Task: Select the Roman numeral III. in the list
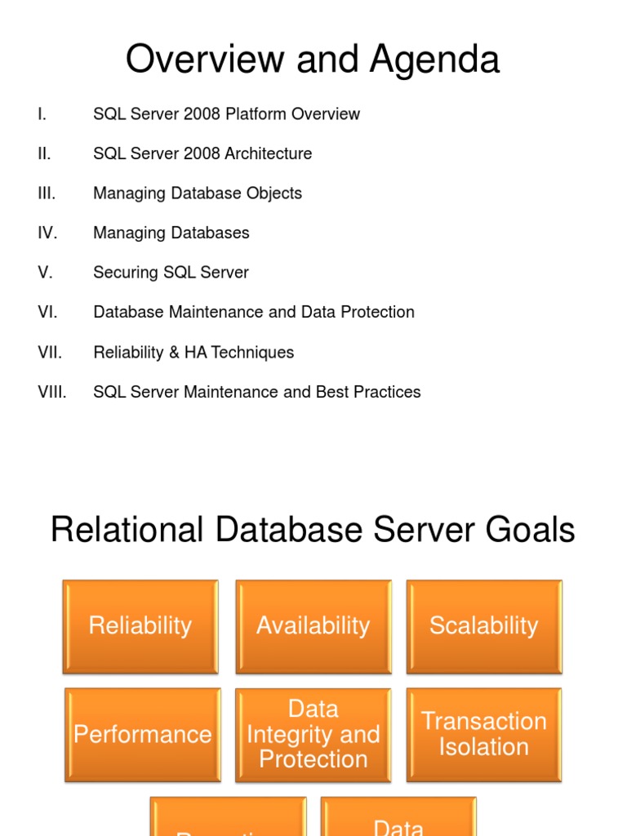pos(47,193)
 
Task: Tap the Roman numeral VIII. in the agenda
pos(52,392)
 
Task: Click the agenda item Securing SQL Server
pos(171,273)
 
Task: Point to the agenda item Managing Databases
pos(171,233)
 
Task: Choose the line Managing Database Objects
pos(198,193)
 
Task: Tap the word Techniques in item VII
pos(252,353)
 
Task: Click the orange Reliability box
pos(140,626)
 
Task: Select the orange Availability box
pos(313,626)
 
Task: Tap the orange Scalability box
pos(484,626)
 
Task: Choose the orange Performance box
pos(142,734)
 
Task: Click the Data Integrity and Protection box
pos(313,734)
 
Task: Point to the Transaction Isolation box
pos(484,734)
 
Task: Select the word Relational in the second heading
pos(128,531)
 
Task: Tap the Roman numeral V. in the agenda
pos(45,273)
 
